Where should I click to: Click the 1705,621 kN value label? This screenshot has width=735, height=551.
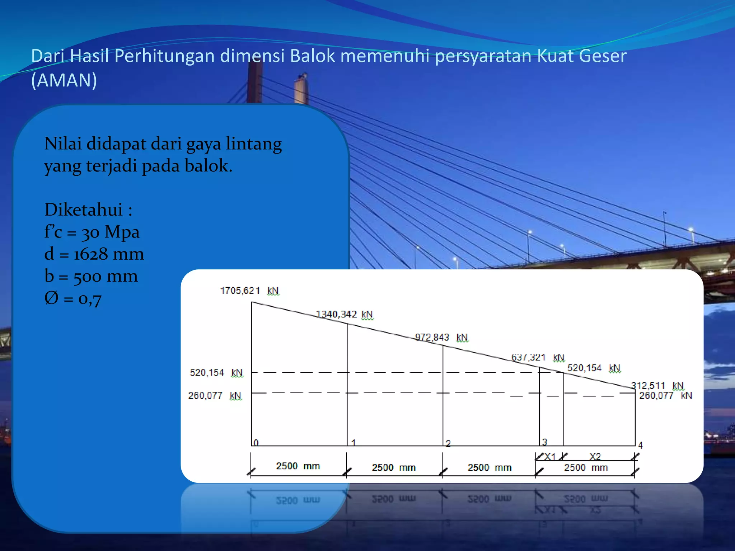[249, 291]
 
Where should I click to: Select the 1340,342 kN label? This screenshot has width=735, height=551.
[344, 315]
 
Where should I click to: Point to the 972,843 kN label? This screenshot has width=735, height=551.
[441, 338]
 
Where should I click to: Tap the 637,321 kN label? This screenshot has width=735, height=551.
[538, 358]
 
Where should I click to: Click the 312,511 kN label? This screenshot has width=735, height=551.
[657, 386]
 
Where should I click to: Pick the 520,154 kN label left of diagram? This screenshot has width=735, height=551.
[216, 373]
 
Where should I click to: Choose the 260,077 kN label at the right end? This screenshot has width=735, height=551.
[665, 396]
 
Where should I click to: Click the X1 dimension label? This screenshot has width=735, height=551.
[550, 457]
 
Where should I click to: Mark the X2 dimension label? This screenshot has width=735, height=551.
[595, 457]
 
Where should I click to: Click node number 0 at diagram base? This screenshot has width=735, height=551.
[256, 443]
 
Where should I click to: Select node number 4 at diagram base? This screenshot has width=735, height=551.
[640, 446]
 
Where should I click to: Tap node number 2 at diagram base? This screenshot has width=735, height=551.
[448, 444]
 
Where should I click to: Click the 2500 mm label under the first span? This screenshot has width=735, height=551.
[298, 466]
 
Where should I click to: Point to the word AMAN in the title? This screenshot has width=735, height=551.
[64, 80]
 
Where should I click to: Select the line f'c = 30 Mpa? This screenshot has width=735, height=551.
[92, 232]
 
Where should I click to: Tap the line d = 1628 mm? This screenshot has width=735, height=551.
[94, 254]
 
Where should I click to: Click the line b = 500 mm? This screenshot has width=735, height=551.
[91, 276]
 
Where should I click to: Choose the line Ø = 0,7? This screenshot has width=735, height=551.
[73, 298]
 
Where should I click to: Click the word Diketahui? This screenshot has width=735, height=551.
[83, 210]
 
